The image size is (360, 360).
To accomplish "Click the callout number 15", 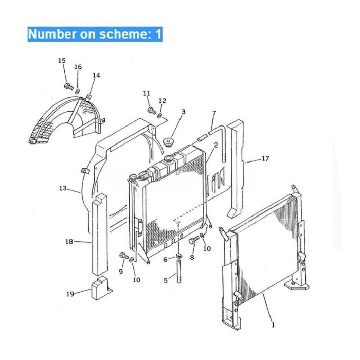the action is click(x=62, y=61).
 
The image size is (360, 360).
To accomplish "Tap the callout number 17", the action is click(x=265, y=158).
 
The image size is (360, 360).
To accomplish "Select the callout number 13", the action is click(x=63, y=188).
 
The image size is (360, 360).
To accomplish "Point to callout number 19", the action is click(x=70, y=294).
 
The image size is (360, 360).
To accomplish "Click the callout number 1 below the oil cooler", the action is click(x=273, y=325).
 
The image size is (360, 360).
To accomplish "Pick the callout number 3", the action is click(x=183, y=112).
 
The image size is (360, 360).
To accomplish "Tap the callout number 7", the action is click(x=214, y=114).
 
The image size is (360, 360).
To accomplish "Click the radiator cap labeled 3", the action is click(x=168, y=142).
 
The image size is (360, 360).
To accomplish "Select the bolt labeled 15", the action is click(x=68, y=86).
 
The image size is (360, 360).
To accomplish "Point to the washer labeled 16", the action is click(x=78, y=92).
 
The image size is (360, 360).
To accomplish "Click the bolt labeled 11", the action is click(x=152, y=111).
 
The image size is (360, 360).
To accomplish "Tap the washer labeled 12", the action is click(x=160, y=116).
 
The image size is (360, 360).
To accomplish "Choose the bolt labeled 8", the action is click(x=194, y=240).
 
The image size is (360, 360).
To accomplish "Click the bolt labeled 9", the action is click(x=124, y=256).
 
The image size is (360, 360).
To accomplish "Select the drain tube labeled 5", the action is click(x=179, y=271).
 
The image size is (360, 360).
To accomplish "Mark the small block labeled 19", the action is click(x=101, y=288).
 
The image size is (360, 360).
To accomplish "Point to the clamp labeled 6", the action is click(x=178, y=255).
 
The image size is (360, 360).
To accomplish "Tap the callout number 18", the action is click(x=69, y=242).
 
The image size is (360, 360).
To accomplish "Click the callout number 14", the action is click(x=97, y=75).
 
